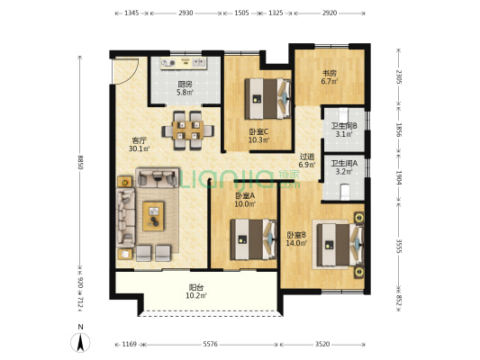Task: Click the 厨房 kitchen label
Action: pyautogui.click(x=185, y=84)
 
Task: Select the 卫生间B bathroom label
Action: pyautogui.click(x=344, y=126)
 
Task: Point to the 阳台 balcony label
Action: pyautogui.click(x=196, y=287)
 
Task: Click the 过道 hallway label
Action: pyautogui.click(x=307, y=157)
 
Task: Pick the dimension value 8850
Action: pyautogui.click(x=80, y=162)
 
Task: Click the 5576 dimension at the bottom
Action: pyautogui.click(x=211, y=345)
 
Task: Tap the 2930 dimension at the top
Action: pyautogui.click(x=186, y=13)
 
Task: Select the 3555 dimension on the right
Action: pyautogui.click(x=399, y=247)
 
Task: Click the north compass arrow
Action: pyautogui.click(x=80, y=343)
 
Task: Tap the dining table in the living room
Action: pyautogui.click(x=188, y=130)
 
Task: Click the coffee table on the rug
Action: pyautogui.click(x=153, y=216)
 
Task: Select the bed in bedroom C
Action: pyautogui.click(x=267, y=99)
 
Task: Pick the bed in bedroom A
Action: pyautogui.click(x=254, y=239)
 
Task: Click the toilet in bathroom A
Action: pyautogui.click(x=345, y=192)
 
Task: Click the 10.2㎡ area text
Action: pyautogui.click(x=196, y=296)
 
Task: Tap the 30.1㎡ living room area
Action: pyautogui.click(x=140, y=149)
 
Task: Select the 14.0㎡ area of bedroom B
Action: pyautogui.click(x=296, y=243)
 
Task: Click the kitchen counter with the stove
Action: pyautogui.click(x=184, y=63)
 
